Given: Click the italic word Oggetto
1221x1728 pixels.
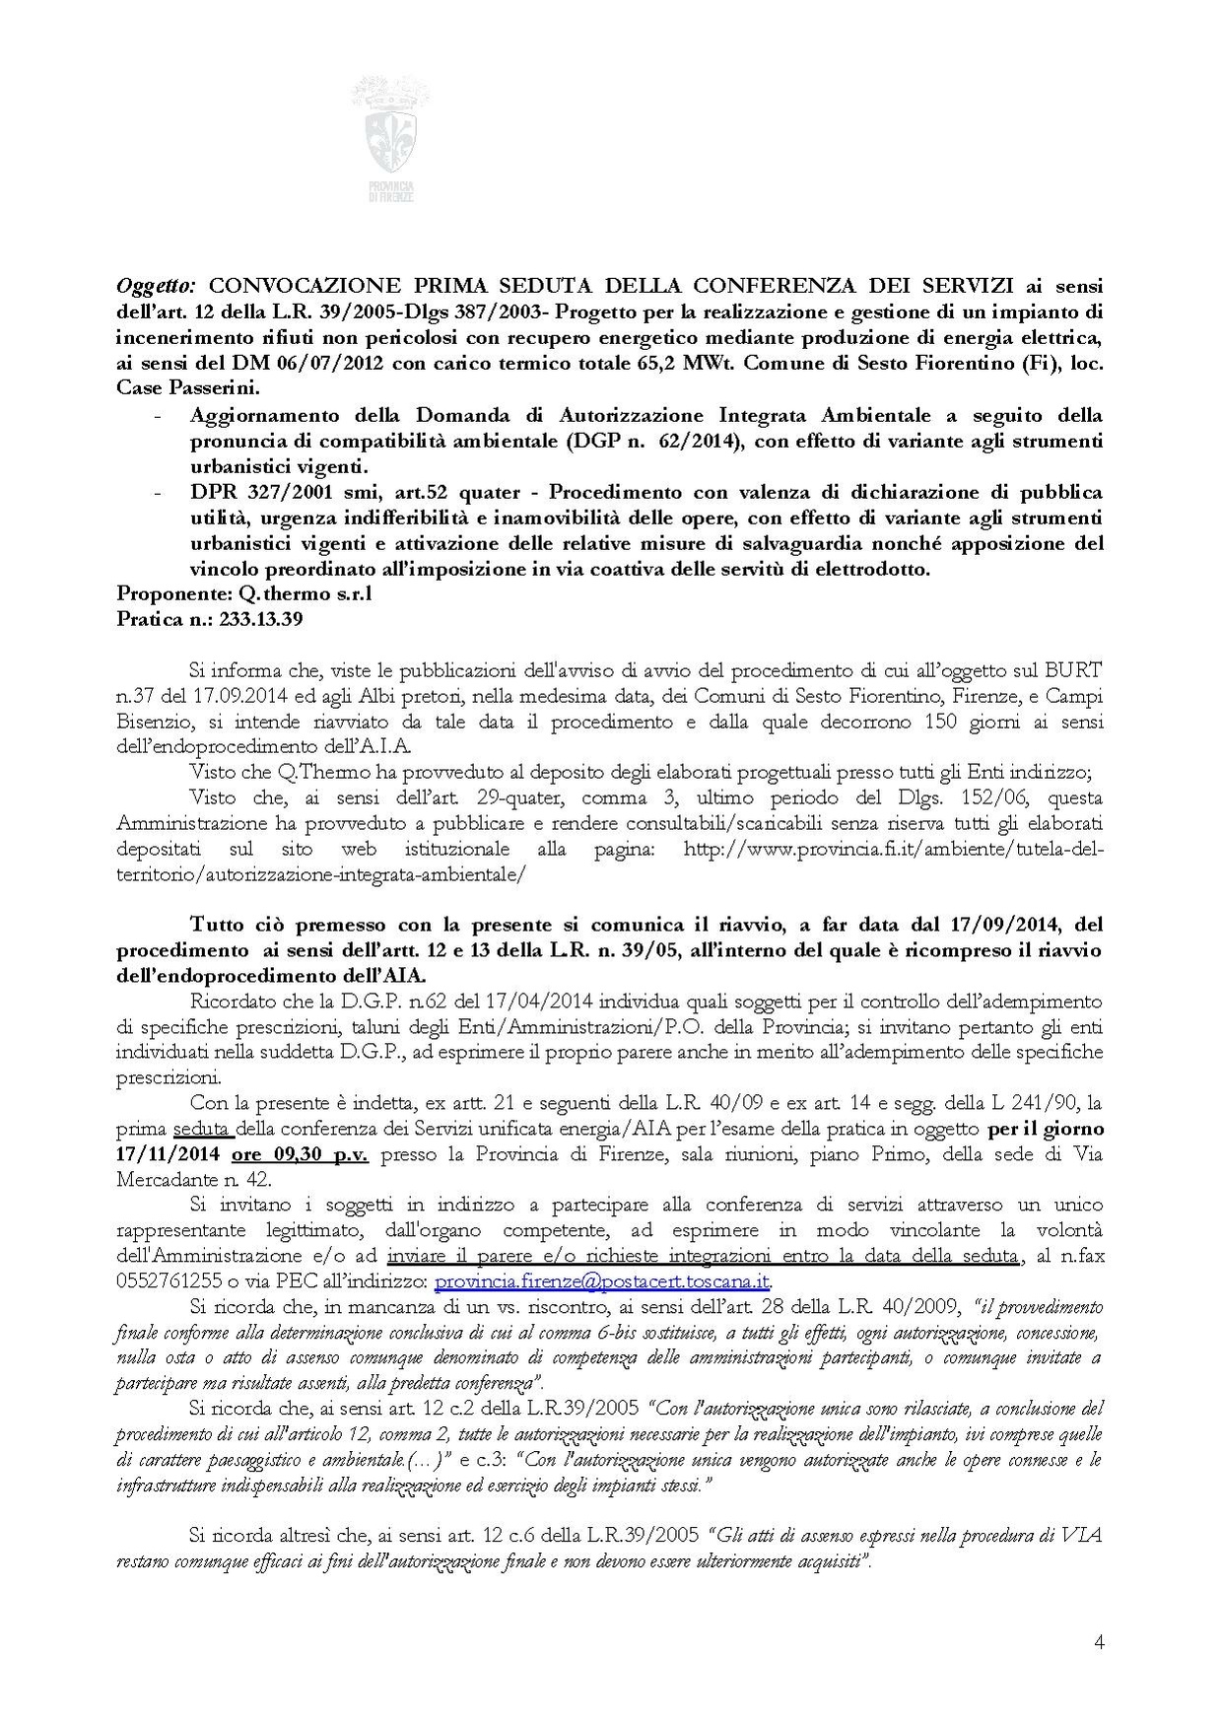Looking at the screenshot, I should click(x=156, y=286).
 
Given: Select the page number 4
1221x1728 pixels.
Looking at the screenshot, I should click(x=1099, y=1641).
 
